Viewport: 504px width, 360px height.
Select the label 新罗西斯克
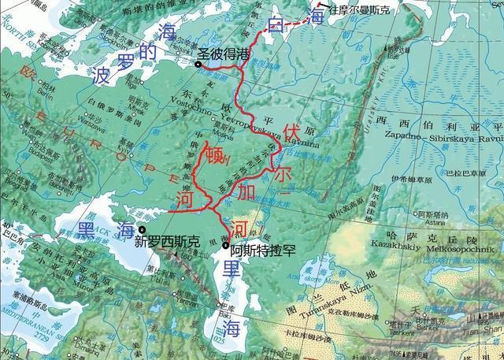(167, 241)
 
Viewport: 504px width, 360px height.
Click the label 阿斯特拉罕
(264, 248)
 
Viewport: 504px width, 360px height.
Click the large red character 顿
(214, 154)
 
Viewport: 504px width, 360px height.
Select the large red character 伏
(293, 132)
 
